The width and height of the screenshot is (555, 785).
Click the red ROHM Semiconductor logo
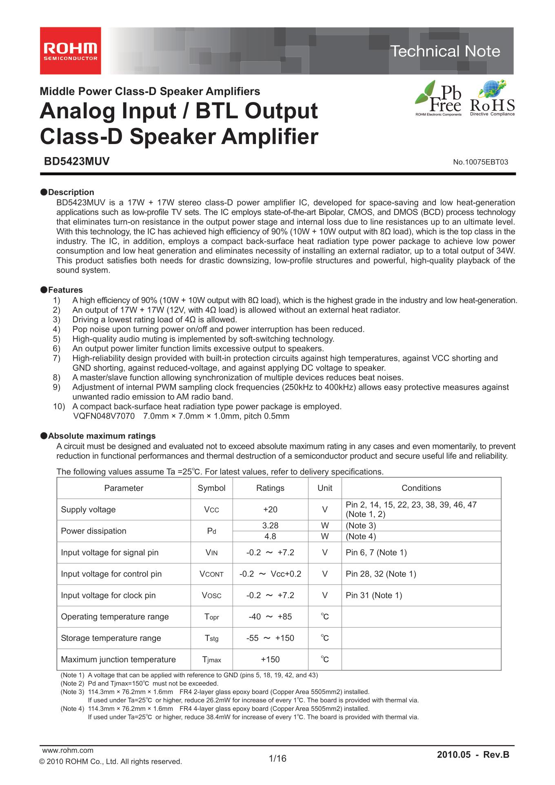pos(70,51)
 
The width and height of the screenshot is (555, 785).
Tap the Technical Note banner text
pos(445,51)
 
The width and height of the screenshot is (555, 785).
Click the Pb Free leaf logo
pos(439,98)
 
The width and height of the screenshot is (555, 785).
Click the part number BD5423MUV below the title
pos(77,162)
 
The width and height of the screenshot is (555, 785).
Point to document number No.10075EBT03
pos(480,162)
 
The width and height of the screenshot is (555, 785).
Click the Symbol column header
pos(211,488)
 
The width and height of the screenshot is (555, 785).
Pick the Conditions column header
pos(421,488)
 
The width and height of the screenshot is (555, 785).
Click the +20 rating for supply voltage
pos(270,509)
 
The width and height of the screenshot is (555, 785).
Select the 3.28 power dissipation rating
pos(270,526)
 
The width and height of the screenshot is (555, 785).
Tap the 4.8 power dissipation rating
pos(270,536)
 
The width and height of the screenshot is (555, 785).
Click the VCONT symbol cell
pos(211,574)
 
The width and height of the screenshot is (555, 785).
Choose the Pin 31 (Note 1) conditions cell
pos(374,595)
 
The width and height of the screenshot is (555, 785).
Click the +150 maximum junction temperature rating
pos(270,659)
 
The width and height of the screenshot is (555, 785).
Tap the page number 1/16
pos(277,758)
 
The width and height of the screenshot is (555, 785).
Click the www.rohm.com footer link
pos(68,750)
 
